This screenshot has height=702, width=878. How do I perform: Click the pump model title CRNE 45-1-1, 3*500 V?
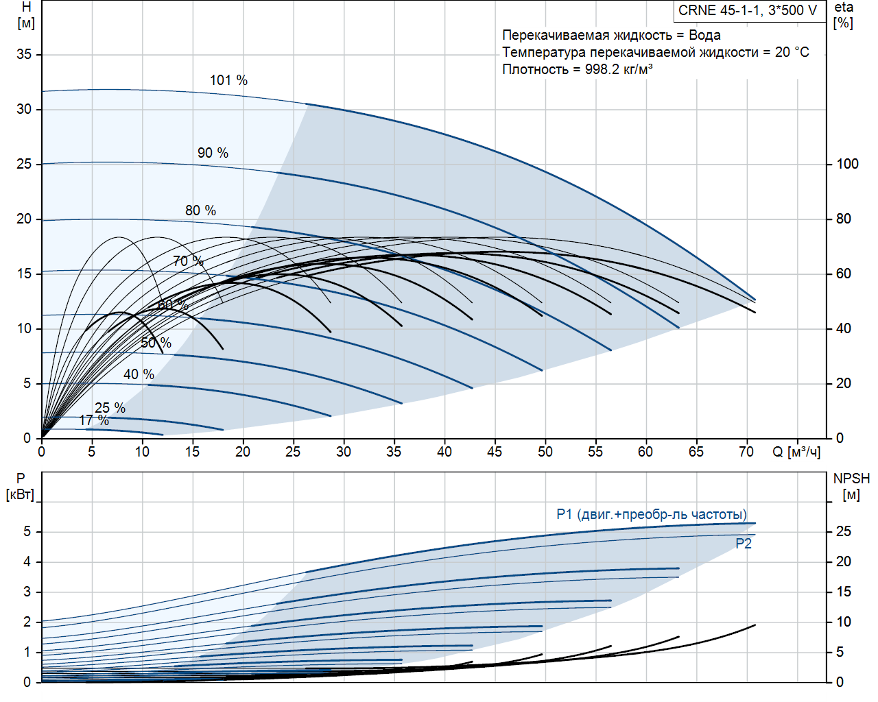(748, 10)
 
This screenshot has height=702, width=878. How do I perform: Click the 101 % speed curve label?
(228, 80)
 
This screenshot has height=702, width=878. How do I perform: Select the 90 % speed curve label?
(213, 153)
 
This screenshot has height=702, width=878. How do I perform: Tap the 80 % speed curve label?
(200, 210)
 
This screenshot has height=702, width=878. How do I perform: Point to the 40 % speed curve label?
(139, 374)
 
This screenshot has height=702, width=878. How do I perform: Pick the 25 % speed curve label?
(110, 408)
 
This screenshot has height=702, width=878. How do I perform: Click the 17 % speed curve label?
(94, 420)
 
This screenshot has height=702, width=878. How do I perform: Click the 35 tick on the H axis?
(24, 54)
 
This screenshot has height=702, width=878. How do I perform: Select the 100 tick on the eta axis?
(847, 164)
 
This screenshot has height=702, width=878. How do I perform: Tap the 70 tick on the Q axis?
(746, 452)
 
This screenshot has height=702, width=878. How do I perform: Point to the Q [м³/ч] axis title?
(796, 452)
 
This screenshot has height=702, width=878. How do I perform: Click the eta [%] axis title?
(844, 15)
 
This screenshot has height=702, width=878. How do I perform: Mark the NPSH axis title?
(851, 479)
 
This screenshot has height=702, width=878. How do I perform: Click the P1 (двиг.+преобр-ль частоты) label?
(652, 514)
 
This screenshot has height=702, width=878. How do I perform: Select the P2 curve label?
(744, 544)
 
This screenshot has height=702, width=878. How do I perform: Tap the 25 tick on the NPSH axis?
(843, 531)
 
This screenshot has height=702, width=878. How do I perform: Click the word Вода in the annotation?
(704, 35)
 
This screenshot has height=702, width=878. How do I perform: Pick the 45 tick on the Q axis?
(495, 452)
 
